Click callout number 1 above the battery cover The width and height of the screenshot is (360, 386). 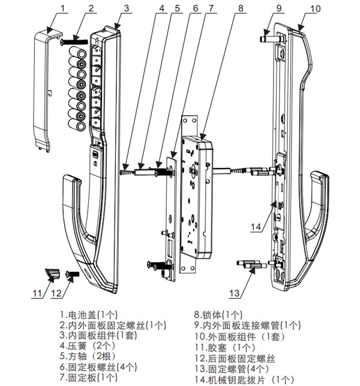[x=64, y=8]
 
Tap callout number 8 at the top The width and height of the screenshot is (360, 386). [x=241, y=8]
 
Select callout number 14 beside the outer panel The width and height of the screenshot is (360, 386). [x=256, y=227]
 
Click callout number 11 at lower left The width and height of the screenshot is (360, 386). [x=38, y=294]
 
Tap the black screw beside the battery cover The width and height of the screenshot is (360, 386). [x=74, y=42]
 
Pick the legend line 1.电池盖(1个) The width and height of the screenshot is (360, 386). [x=90, y=314]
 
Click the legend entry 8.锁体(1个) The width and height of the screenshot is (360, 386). [x=218, y=314]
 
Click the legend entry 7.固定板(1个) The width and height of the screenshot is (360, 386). [x=89, y=377]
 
